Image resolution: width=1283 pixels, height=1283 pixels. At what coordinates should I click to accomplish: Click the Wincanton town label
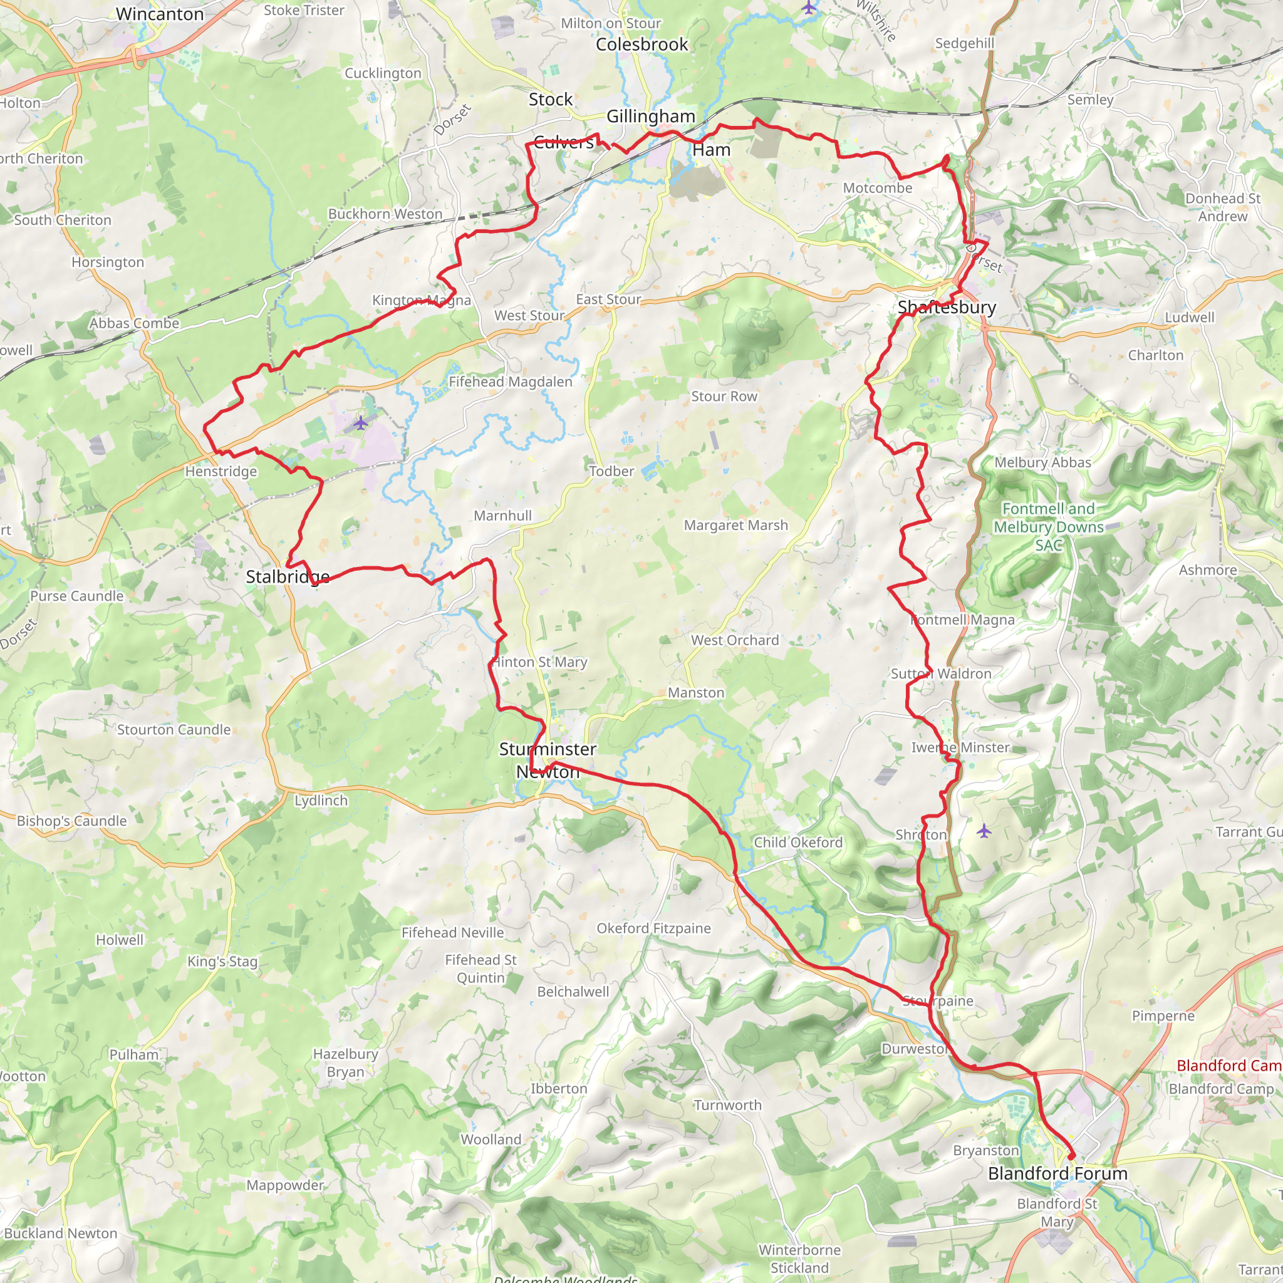[x=159, y=14]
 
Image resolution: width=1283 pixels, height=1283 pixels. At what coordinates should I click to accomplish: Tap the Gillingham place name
[x=650, y=117]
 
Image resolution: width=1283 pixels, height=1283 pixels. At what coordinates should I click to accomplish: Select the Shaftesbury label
[x=947, y=307]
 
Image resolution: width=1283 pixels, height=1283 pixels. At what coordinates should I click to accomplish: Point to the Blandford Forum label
[x=1057, y=1173]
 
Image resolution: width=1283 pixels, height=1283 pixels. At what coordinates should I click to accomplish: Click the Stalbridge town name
[x=288, y=576]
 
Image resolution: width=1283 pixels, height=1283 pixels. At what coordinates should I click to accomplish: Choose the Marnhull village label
[x=502, y=516]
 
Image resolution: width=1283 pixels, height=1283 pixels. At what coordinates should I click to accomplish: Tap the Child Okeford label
[x=797, y=842]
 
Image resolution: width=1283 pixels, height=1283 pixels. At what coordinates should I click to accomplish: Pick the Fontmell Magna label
[x=962, y=620]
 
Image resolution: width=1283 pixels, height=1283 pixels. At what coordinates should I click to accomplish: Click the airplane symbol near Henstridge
[x=360, y=422]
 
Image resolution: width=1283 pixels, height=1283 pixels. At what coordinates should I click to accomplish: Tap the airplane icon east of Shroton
[x=984, y=831]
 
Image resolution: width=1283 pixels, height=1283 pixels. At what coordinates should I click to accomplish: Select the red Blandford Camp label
[x=1228, y=1066]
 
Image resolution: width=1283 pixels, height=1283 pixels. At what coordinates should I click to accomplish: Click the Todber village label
[x=611, y=471]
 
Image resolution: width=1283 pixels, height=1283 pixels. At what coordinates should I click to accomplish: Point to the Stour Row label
[x=724, y=397]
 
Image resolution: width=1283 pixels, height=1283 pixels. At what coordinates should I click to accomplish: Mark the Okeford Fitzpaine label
[x=653, y=928]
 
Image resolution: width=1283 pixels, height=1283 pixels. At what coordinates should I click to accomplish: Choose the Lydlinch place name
[x=321, y=800]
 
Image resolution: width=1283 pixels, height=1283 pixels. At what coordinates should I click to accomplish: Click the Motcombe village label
[x=877, y=188]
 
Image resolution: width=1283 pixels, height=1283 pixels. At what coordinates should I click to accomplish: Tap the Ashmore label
[x=1207, y=570]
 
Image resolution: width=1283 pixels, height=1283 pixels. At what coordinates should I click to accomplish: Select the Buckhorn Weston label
[x=385, y=214]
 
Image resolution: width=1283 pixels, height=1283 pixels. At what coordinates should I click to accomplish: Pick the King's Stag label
[x=222, y=961]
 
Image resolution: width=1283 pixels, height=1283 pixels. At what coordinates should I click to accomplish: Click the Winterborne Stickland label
[x=799, y=1259]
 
